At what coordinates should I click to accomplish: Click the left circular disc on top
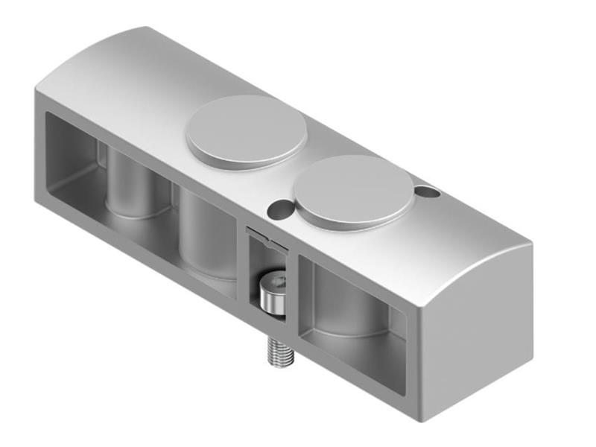click(x=246, y=131)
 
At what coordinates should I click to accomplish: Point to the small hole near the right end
click(x=427, y=192)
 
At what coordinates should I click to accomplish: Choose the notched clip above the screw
click(x=267, y=240)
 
